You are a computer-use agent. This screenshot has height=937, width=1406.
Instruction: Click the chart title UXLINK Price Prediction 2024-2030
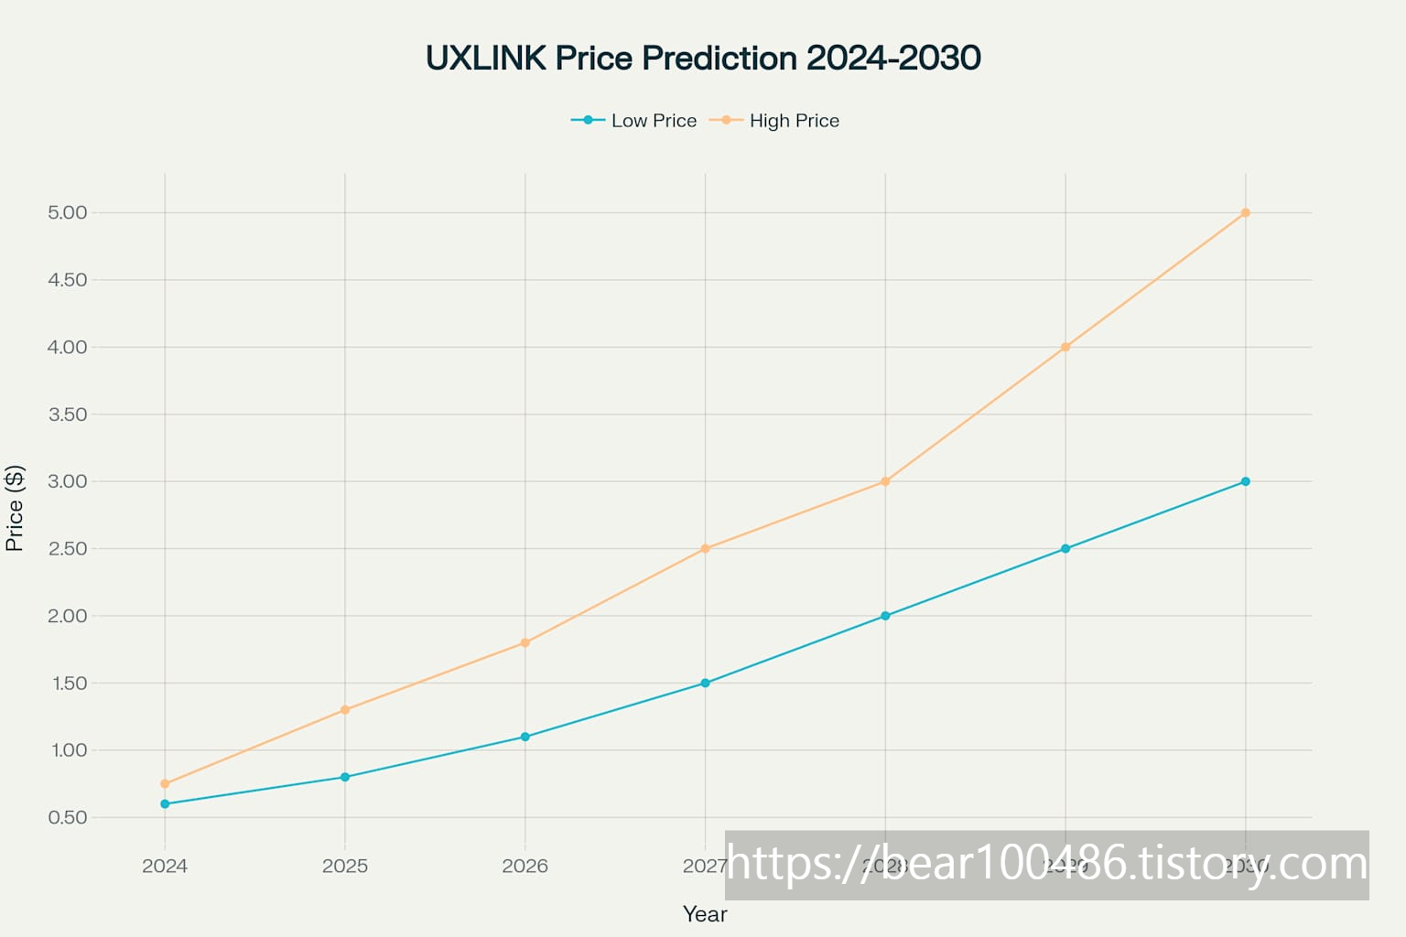click(x=703, y=58)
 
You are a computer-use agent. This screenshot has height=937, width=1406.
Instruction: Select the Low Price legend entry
click(x=634, y=121)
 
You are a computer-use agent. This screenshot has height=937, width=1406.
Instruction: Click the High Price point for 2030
click(x=1245, y=213)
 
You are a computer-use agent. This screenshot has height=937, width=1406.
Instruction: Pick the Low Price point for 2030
click(x=1245, y=481)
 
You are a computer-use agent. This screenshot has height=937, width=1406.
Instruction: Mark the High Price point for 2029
click(x=1065, y=347)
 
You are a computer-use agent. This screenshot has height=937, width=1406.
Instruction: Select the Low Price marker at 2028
click(x=885, y=616)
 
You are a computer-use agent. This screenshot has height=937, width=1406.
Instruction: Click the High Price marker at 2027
click(x=705, y=549)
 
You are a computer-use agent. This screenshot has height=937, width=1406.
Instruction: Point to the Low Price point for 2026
click(x=525, y=737)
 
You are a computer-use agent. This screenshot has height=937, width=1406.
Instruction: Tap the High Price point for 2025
click(x=345, y=710)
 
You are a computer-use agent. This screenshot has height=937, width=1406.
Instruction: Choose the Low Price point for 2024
click(x=165, y=803)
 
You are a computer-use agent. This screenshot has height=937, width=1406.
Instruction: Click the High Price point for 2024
click(x=165, y=783)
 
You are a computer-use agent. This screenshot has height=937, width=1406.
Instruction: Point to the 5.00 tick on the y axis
click(x=68, y=213)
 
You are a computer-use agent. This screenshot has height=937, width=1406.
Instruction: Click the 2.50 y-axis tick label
click(x=68, y=549)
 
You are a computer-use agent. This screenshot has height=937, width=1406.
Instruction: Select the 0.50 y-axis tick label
click(x=68, y=817)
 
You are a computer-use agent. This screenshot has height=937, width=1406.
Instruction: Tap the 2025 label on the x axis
click(x=345, y=866)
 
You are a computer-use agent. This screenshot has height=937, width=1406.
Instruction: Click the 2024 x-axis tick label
click(x=165, y=866)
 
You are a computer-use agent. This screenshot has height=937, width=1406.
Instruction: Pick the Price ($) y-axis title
click(x=15, y=508)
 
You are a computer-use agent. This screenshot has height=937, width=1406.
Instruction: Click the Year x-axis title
click(x=705, y=914)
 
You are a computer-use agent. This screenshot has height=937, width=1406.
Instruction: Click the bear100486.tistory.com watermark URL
click(x=1046, y=865)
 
